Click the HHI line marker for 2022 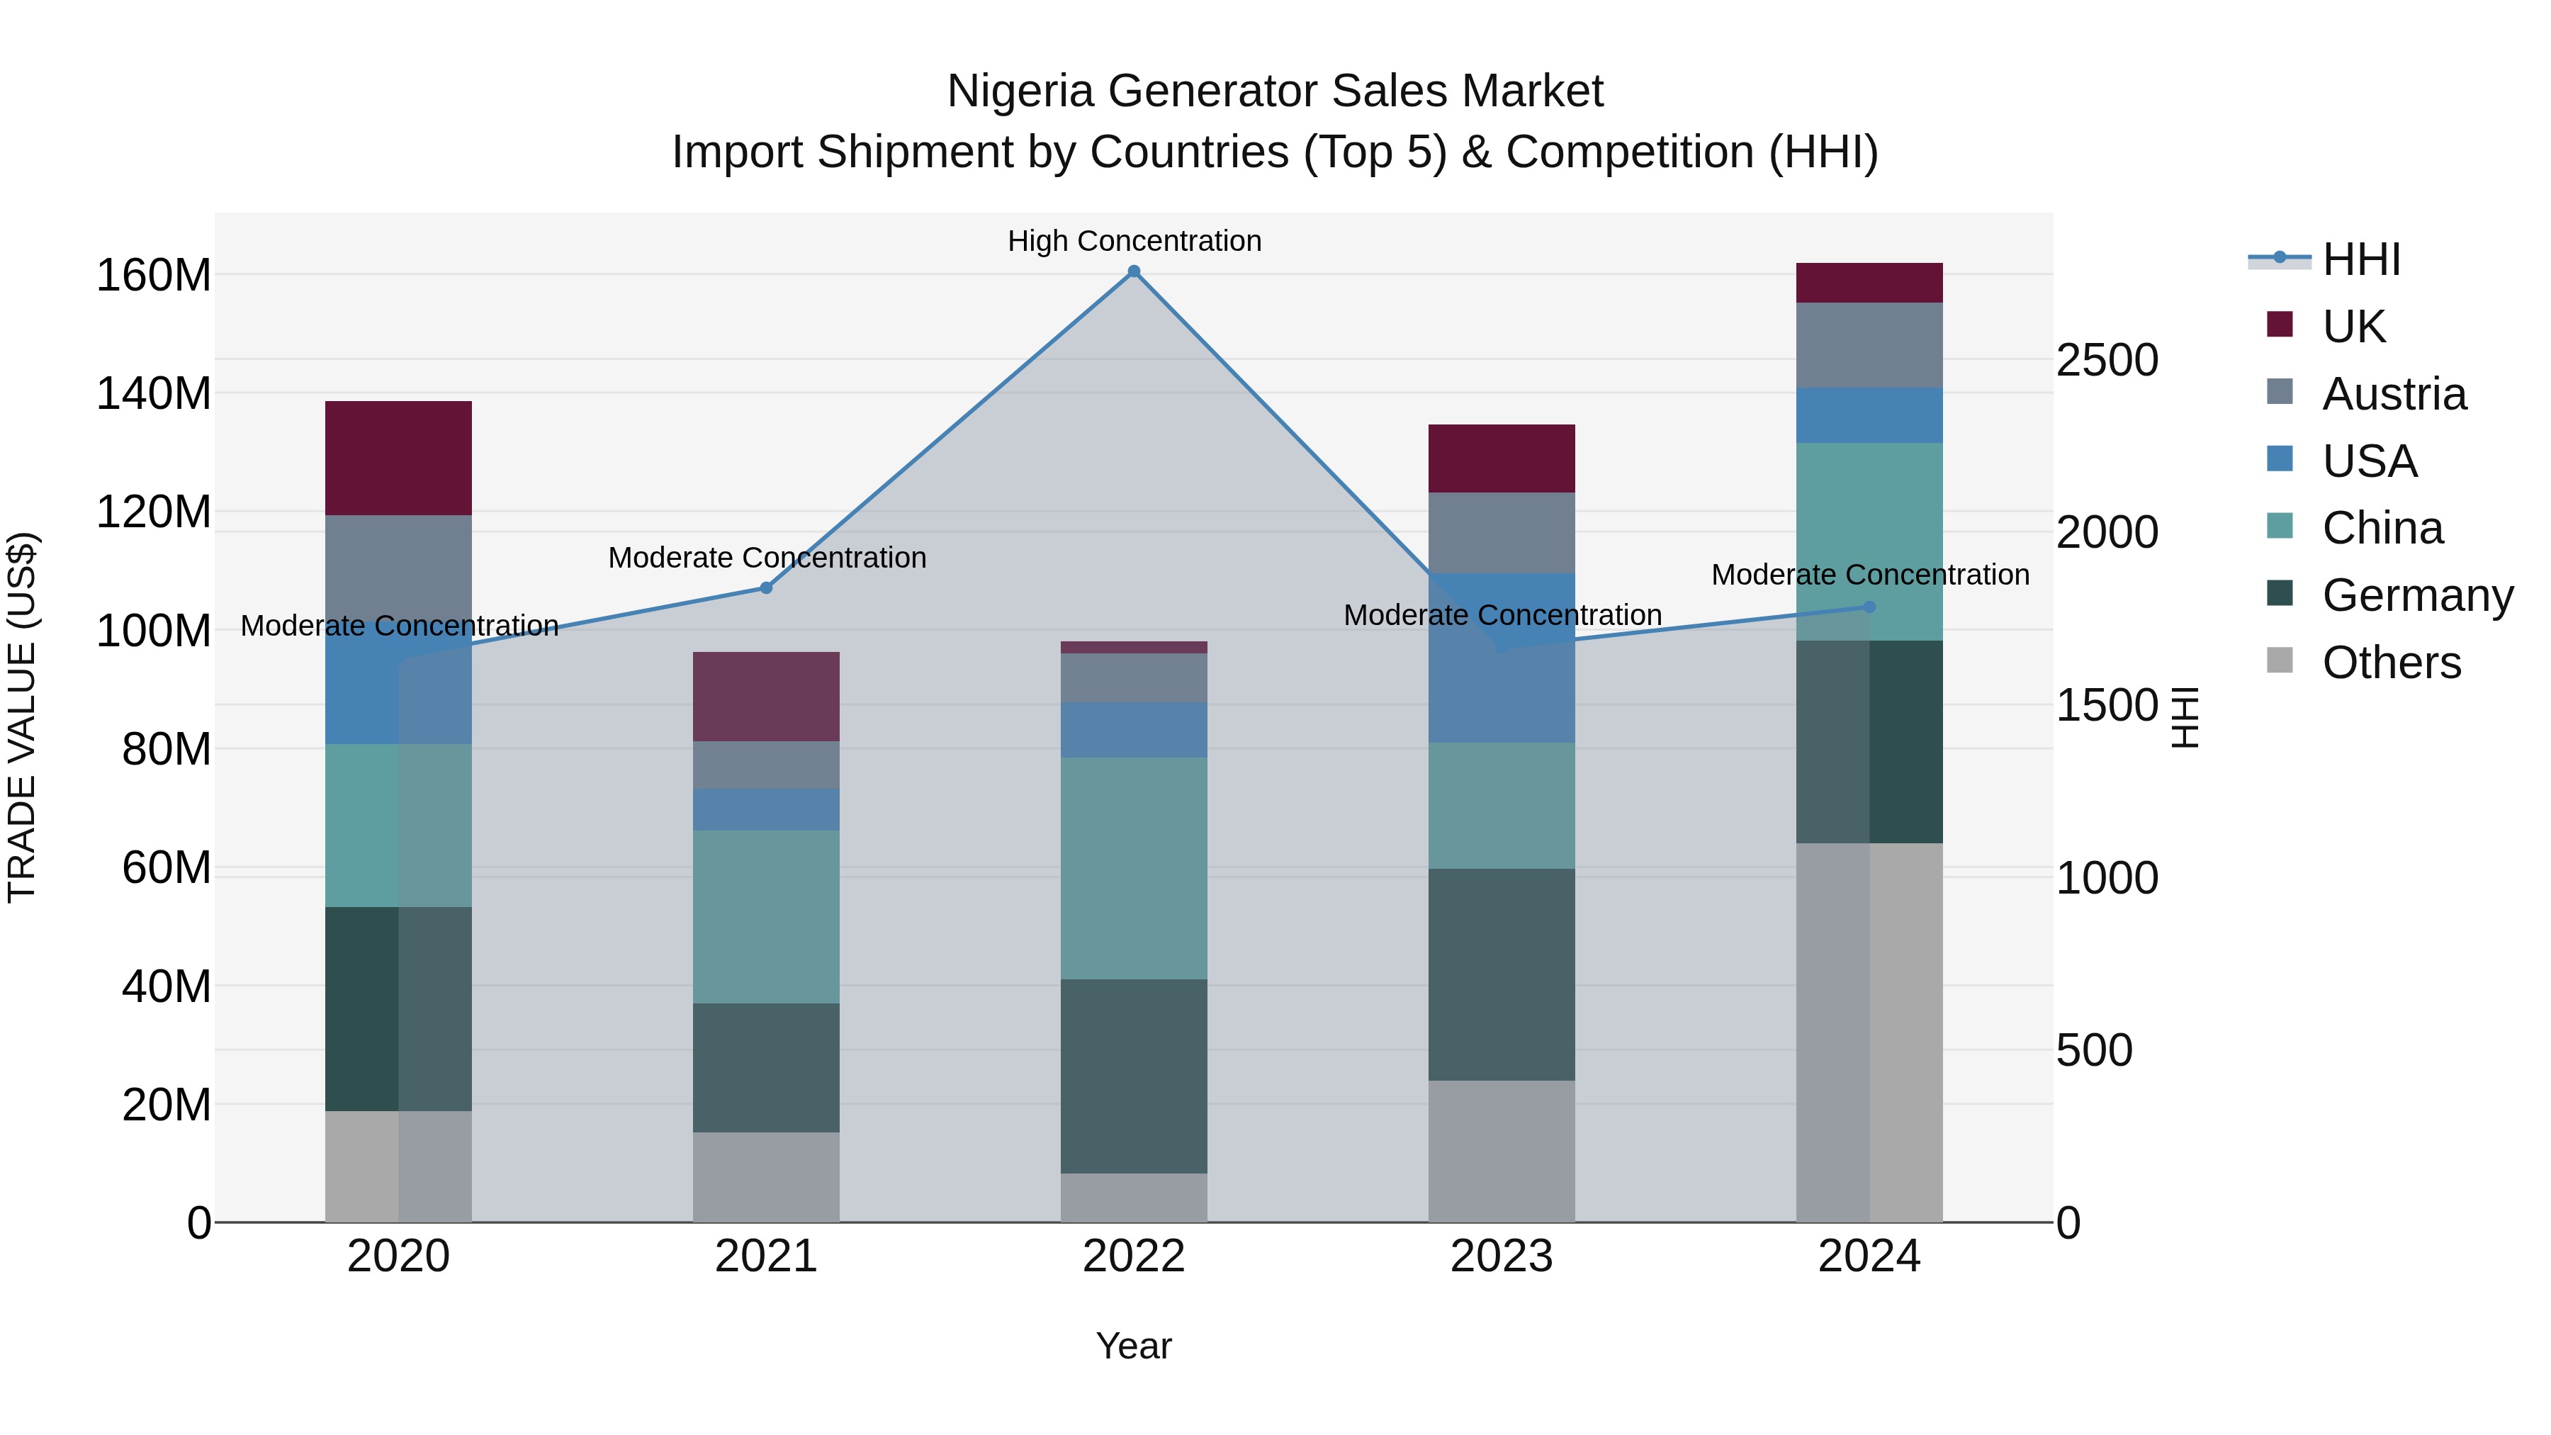(x=1134, y=271)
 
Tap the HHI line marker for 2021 (x=765, y=587)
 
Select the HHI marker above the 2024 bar (x=1869, y=607)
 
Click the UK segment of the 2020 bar (x=398, y=458)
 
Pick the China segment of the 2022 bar (x=1134, y=869)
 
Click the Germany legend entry (x=2417, y=595)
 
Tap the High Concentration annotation (x=1134, y=241)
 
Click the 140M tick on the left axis (x=154, y=394)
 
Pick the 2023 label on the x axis (x=1502, y=1256)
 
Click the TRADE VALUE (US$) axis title (x=23, y=717)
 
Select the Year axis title (x=1134, y=1346)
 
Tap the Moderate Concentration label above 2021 (x=767, y=558)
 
